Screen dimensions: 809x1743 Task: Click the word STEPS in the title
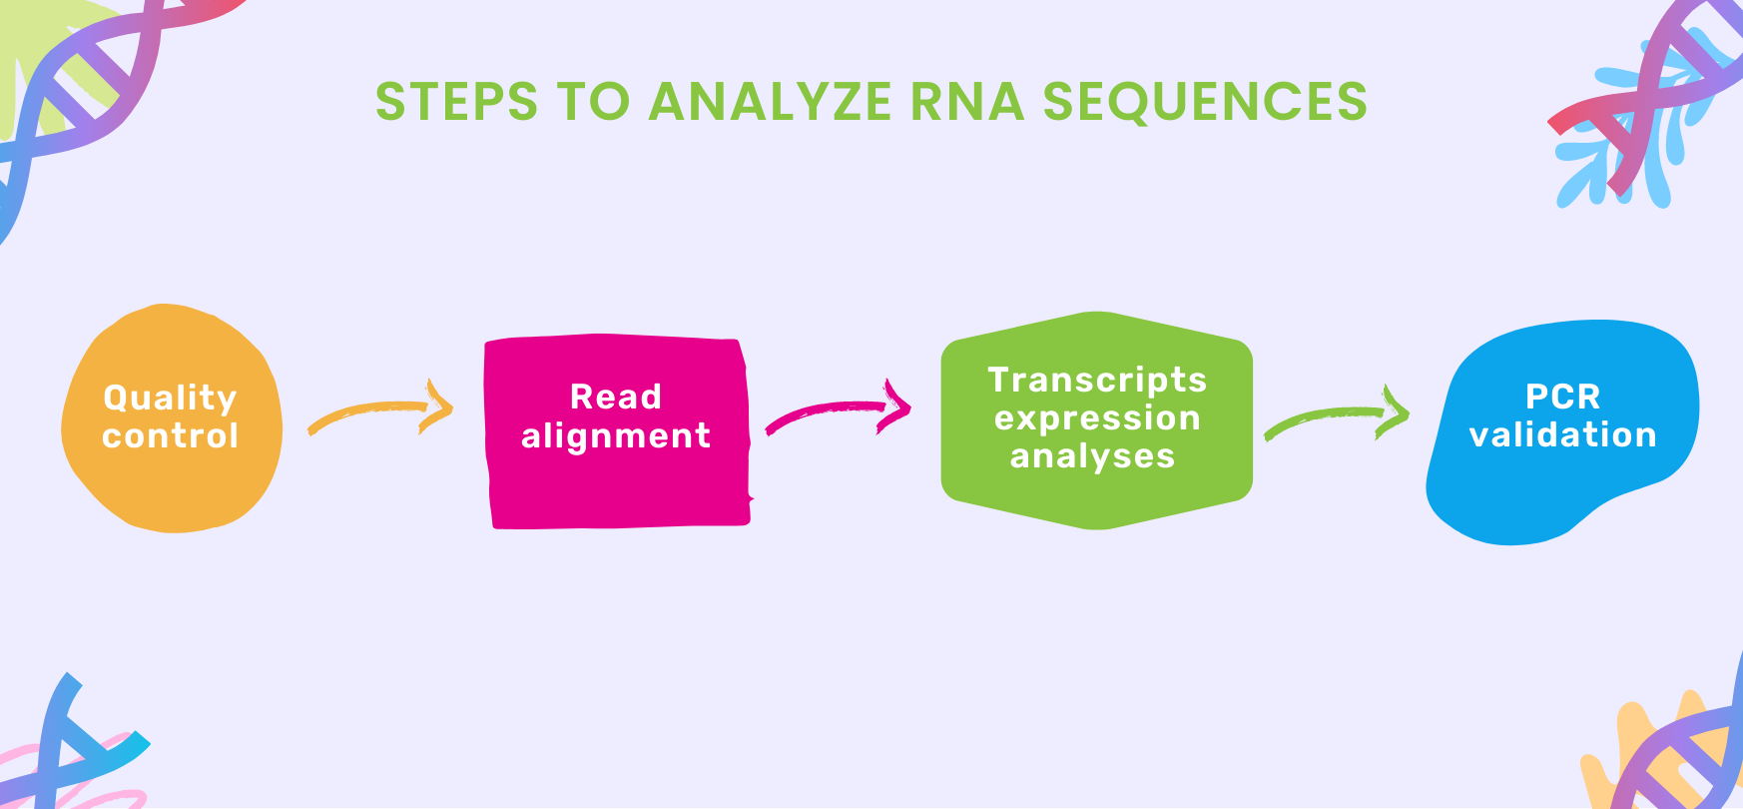pyautogui.click(x=456, y=102)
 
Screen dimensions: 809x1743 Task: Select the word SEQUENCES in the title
pyautogui.click(x=1204, y=102)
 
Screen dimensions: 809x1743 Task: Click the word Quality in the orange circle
pyautogui.click(x=171, y=399)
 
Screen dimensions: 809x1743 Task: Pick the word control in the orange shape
pyautogui.click(x=171, y=436)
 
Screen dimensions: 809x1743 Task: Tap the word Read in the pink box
pyautogui.click(x=616, y=397)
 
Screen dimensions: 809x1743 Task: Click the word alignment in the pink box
pyautogui.click(x=616, y=436)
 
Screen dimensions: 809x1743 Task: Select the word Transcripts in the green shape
pyautogui.click(x=1097, y=380)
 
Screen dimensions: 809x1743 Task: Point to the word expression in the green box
pyautogui.click(x=1097, y=417)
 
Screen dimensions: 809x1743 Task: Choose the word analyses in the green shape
pyautogui.click(x=1092, y=456)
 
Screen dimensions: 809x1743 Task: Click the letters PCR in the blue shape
pyautogui.click(x=1562, y=397)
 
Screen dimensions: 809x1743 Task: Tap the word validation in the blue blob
pyautogui.click(x=1562, y=435)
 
